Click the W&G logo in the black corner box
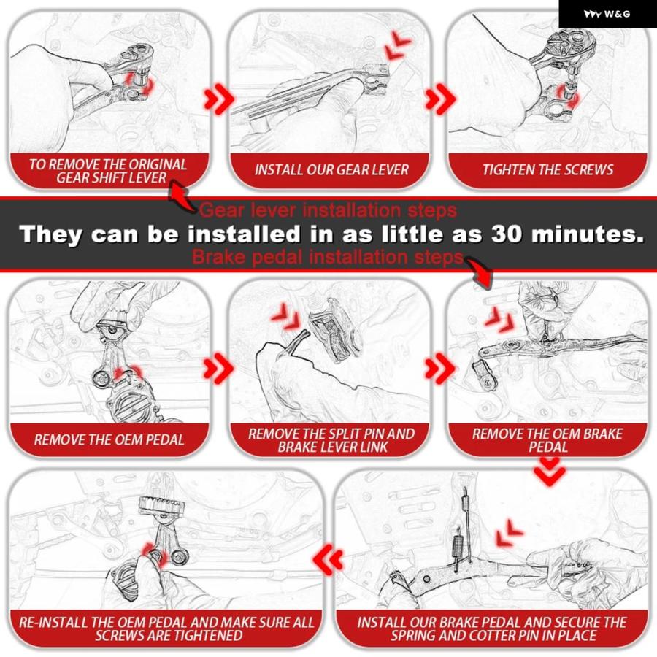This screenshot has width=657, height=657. (x=607, y=14)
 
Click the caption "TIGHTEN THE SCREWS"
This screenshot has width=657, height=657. (x=547, y=169)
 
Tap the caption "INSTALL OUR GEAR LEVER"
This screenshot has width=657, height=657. (x=331, y=169)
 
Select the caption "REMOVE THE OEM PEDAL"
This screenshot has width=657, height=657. (x=109, y=439)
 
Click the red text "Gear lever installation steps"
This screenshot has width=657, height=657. (x=328, y=210)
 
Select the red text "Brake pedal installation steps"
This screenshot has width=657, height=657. (x=328, y=256)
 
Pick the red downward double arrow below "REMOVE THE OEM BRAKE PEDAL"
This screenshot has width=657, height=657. (x=549, y=471)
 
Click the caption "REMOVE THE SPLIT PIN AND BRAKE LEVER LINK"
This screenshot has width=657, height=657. (x=331, y=440)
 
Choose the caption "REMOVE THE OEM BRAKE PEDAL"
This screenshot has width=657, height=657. (x=547, y=440)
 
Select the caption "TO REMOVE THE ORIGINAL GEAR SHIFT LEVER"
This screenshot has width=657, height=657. (x=108, y=171)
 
